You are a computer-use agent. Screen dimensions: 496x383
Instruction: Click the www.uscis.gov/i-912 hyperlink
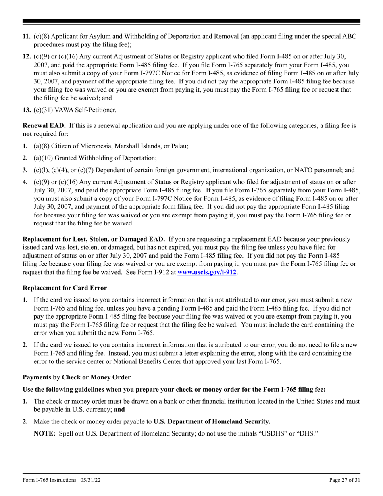point(207,272)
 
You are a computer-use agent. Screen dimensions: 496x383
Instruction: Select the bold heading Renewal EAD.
point(44,126)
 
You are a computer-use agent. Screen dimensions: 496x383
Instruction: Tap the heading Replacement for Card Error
point(65,288)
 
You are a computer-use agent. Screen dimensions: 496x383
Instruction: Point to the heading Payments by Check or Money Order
point(77,377)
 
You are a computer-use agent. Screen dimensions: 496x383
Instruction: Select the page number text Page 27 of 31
point(345,480)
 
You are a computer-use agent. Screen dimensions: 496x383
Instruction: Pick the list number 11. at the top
point(27,37)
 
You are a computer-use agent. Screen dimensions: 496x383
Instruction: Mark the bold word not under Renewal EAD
point(27,134)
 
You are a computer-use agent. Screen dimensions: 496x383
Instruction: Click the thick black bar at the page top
point(191,21)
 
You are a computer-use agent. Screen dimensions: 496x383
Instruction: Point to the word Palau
point(179,146)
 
